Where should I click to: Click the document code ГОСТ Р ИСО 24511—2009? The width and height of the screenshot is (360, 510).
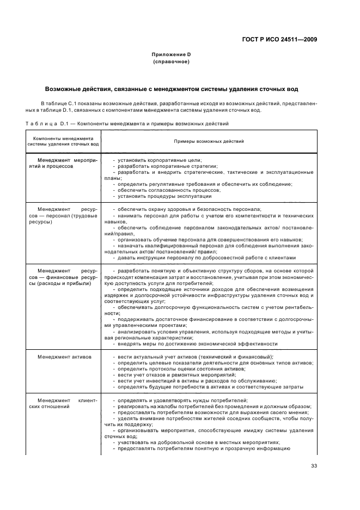pyautogui.click(x=279, y=39)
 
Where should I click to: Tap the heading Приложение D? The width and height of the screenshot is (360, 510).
pyautogui.click(x=171, y=55)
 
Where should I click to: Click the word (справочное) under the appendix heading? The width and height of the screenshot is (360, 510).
pyautogui.click(x=171, y=62)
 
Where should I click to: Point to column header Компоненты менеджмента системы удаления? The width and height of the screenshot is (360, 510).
pyautogui.click(x=63, y=141)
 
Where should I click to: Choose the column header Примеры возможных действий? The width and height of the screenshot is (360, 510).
pyautogui.click(x=209, y=141)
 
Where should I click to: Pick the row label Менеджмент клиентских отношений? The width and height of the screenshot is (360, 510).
pyautogui.click(x=63, y=403)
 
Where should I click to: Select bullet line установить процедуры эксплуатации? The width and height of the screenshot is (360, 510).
pyautogui.click(x=157, y=196)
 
